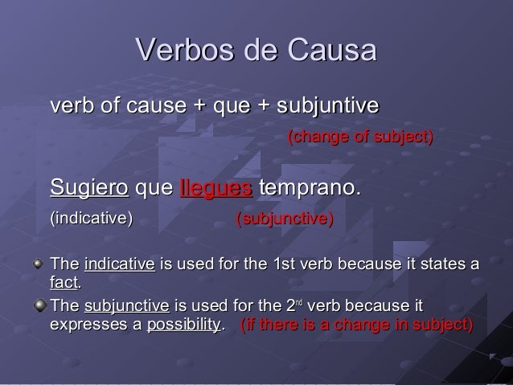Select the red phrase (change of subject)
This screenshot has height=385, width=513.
tap(360, 138)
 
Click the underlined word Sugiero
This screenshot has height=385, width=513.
tap(89, 190)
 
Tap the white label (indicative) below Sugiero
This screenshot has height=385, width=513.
tap(92, 219)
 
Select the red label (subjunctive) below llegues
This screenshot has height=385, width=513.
tap(285, 219)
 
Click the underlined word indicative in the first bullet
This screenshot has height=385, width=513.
tap(119, 264)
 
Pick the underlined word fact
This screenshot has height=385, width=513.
tap(64, 283)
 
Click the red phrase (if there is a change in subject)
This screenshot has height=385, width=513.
tap(357, 326)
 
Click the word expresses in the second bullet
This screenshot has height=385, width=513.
tap(85, 326)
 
